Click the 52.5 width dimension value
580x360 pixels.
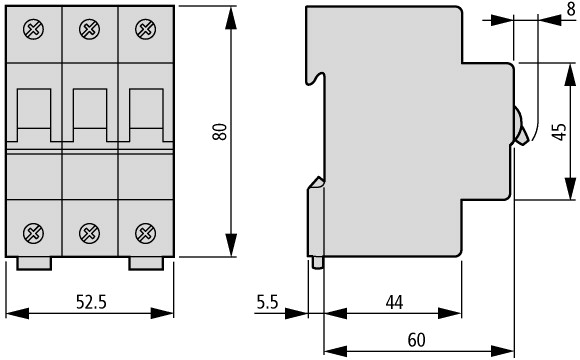point(91,302)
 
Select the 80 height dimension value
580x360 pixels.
point(220,132)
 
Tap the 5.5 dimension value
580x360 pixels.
point(267,302)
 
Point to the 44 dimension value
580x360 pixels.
point(394,302)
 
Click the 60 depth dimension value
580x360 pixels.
point(416,340)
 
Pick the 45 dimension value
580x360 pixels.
point(559,132)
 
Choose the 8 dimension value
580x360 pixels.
point(571,9)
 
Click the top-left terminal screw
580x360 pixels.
point(33,29)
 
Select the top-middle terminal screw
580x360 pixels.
point(90,29)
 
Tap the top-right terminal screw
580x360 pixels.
point(145,29)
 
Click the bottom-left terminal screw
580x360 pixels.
point(33,233)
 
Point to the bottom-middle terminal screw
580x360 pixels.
point(90,233)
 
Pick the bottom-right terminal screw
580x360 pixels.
point(145,233)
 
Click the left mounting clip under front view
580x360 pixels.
point(34,263)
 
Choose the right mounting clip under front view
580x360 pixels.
point(146,263)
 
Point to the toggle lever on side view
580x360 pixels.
point(521,126)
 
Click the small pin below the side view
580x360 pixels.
point(317,262)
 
